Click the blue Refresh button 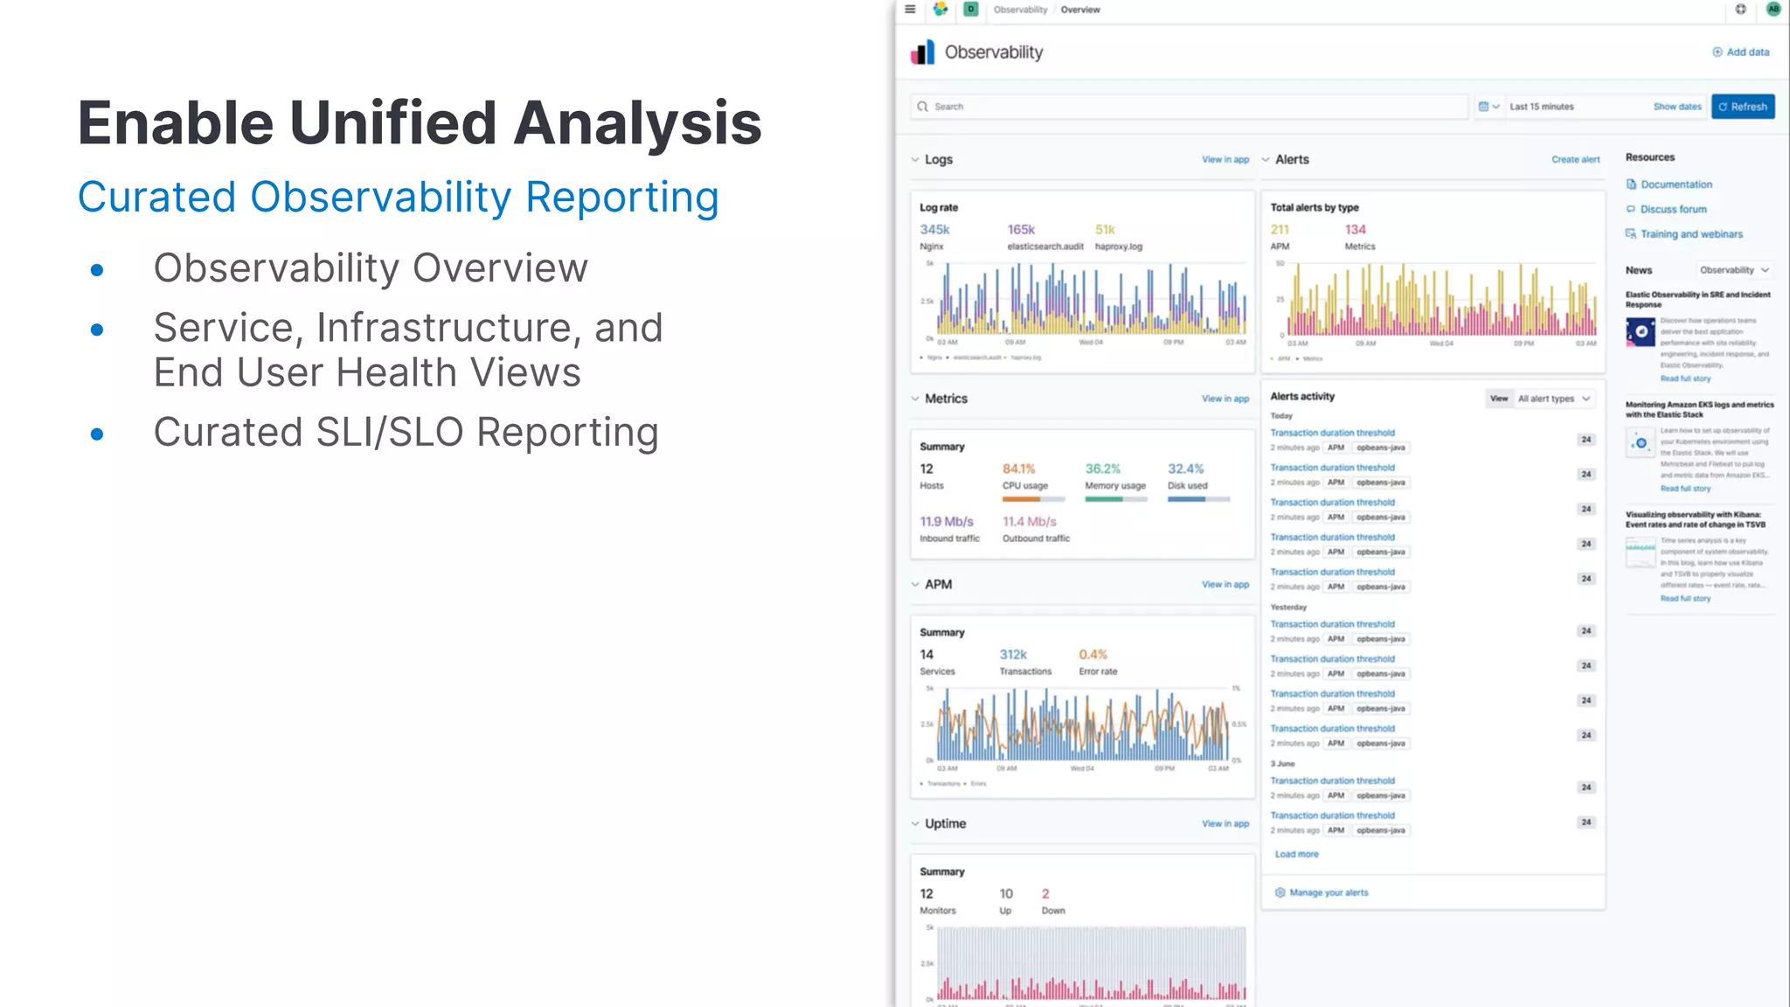(x=1742, y=107)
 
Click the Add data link (x=1741, y=52)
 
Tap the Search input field (x=1189, y=107)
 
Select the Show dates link (x=1676, y=107)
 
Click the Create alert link (x=1575, y=160)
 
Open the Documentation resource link (x=1676, y=184)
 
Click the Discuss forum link (x=1673, y=210)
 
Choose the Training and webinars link (x=1690, y=234)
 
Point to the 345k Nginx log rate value (x=934, y=230)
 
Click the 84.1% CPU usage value (x=1018, y=469)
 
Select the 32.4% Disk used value (x=1185, y=469)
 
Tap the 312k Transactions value (x=1013, y=655)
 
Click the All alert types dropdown (x=1553, y=399)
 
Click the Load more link (x=1296, y=854)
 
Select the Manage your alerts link (x=1328, y=892)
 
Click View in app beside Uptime (x=1225, y=823)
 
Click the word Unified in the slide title (x=392, y=122)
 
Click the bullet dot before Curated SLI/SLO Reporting (x=97, y=434)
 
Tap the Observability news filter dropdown (x=1733, y=270)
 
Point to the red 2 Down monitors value (x=1045, y=894)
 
